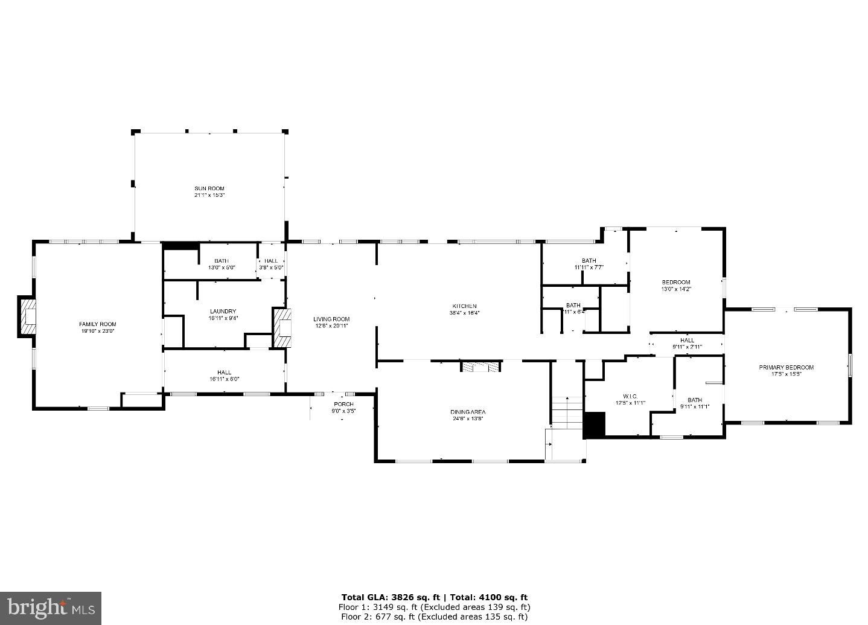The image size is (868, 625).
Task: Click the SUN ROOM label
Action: [209, 188]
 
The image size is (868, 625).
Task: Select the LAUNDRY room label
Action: [223, 312]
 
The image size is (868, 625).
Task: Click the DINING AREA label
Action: [468, 412]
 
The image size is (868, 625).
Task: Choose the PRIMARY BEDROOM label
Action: [792, 367]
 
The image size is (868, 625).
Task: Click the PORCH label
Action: [343, 404]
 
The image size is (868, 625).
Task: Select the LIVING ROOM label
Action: [331, 319]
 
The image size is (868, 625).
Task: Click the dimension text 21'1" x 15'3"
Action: [209, 195]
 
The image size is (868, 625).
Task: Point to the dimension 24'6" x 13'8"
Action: [468, 418]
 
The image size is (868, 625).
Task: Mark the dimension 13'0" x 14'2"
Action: [675, 289]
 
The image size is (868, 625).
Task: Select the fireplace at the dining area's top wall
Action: [481, 366]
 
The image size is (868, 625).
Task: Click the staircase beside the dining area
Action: [566, 411]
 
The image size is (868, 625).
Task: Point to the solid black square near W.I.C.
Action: [595, 425]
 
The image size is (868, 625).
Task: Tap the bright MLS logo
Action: [51, 606]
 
